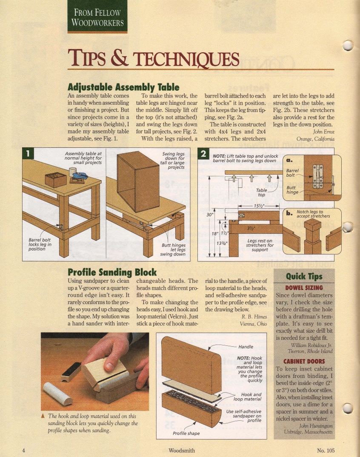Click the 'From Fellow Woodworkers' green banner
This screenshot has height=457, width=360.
pos(97,17)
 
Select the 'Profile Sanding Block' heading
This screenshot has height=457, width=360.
pos(112,272)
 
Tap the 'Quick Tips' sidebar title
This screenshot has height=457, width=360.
pos(304,276)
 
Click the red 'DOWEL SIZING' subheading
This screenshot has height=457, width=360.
pos(304,287)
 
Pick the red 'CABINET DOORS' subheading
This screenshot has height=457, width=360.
pos(304,362)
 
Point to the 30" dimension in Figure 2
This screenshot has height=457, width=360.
pos(209,215)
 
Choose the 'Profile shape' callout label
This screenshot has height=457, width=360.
pos(186,434)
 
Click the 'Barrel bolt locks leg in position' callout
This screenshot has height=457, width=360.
pos(40,244)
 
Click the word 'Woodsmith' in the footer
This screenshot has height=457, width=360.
pos(182,450)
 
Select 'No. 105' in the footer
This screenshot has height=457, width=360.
pos(326,450)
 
